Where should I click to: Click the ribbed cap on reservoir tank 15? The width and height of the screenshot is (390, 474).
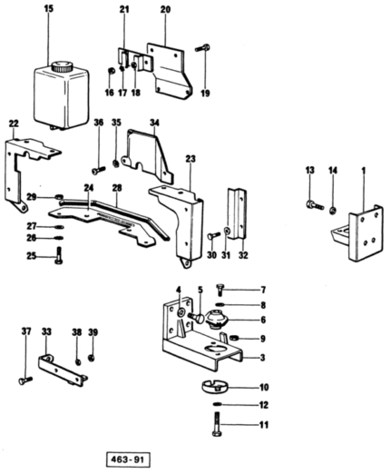point(63,66)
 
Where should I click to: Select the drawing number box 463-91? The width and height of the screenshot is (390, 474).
point(128,459)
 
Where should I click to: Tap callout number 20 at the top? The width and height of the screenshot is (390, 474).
point(165,10)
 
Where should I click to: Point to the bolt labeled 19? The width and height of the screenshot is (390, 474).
point(202,48)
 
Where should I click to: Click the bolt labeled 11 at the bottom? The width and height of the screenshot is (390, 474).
point(218,424)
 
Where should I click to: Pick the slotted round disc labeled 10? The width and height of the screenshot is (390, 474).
point(214,386)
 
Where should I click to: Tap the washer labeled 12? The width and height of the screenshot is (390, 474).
point(217,404)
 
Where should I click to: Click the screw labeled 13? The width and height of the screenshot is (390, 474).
point(315,205)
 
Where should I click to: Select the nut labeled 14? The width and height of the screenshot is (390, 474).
point(333,211)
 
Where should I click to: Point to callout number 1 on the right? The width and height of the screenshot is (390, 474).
point(364,171)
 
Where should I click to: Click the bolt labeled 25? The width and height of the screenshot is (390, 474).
point(59,255)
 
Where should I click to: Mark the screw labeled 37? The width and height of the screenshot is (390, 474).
point(25,380)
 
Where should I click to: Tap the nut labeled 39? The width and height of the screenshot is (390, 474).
point(92,358)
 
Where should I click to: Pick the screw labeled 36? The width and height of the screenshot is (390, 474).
point(98,170)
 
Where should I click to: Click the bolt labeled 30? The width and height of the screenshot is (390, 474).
point(214,235)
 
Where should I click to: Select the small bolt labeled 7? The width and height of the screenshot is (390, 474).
point(220,290)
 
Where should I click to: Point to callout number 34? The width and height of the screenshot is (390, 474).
point(154,123)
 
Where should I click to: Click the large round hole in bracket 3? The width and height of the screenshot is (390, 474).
point(214,349)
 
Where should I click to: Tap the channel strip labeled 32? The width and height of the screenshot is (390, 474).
point(237,214)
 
